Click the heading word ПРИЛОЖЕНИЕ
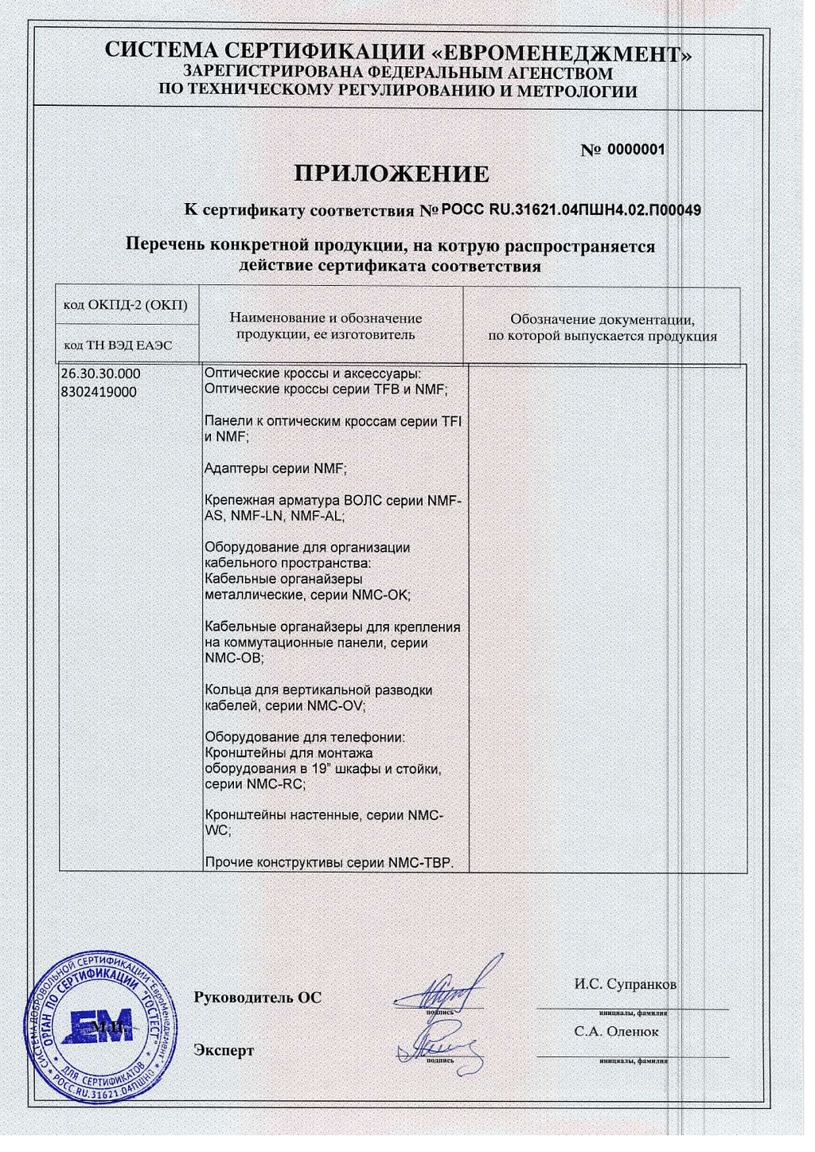tap(392, 174)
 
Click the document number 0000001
tap(636, 150)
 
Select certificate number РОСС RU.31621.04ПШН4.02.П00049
tap(571, 211)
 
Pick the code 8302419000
tap(98, 392)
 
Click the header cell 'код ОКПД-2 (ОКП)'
tap(125, 305)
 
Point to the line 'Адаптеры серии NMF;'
tap(275, 469)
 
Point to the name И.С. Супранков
tap(625, 984)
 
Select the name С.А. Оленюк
tap(616, 1031)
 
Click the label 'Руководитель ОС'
tap(257, 997)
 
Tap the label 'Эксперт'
tap(224, 1050)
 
